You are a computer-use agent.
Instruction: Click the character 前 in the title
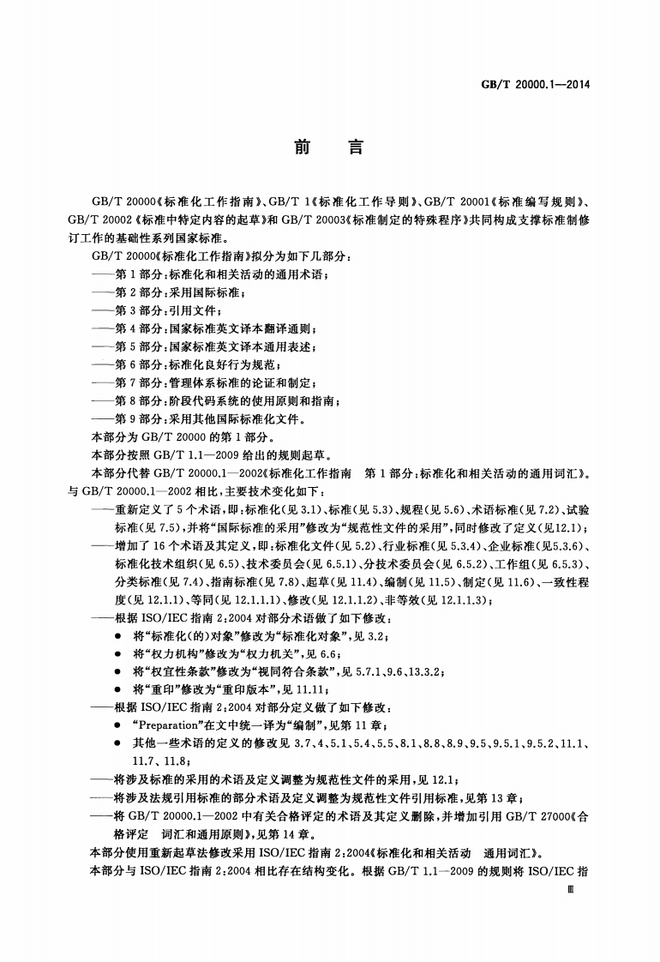pos(301,147)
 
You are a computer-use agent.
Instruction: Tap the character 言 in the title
pos(355,147)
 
